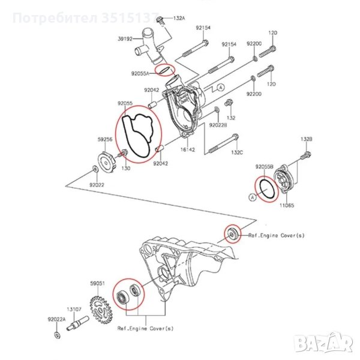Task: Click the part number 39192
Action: point(125,38)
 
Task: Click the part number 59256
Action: point(105,139)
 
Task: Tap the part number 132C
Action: point(238,152)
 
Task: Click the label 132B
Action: point(307,139)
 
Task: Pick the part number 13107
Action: point(74,308)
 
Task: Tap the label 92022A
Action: point(57,319)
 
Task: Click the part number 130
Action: point(126,169)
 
